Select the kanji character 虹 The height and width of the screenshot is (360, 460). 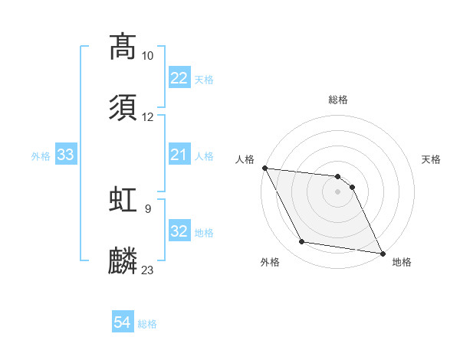123,198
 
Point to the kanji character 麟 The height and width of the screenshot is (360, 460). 123,260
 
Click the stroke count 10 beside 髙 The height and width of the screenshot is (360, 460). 148,56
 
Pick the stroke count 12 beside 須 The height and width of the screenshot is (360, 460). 148,117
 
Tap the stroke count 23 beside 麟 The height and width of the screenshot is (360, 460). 148,270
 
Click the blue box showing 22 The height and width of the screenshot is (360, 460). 179,78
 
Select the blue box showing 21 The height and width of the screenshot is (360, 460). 179,155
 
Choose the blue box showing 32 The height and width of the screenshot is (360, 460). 179,231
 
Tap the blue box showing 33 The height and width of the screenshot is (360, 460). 66,155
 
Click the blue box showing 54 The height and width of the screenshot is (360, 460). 123,322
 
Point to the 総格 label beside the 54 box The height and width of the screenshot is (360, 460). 147,324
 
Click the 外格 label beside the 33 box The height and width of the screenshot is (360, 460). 41,155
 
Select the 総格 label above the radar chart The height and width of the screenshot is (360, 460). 338,100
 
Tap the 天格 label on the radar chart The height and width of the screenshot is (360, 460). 432,159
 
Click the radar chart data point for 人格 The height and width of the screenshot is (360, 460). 264,168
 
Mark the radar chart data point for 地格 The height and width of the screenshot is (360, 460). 381,252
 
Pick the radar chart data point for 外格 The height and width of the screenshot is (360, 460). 302,242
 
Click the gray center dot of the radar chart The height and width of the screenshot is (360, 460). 337,191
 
